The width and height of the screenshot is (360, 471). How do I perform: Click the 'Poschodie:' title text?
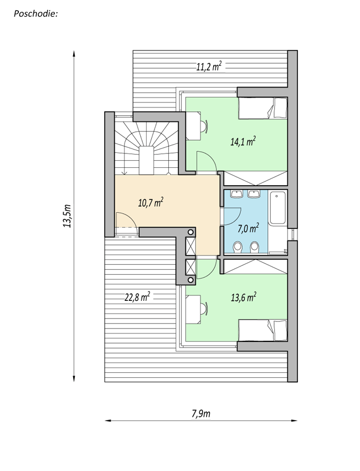pyautogui.click(x=36, y=13)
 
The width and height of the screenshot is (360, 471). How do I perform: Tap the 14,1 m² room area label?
pyautogui.click(x=243, y=141)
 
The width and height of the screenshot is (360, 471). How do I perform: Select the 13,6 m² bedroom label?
pyautogui.click(x=243, y=297)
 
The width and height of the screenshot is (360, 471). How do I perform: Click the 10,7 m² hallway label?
pyautogui.click(x=151, y=202)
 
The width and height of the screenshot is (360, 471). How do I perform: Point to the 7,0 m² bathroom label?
pyautogui.click(x=248, y=228)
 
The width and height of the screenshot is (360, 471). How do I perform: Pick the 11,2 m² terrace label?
pyautogui.click(x=209, y=66)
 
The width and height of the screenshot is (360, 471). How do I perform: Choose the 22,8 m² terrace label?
pyautogui.click(x=137, y=297)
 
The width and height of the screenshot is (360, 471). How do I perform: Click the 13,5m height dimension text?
pyautogui.click(x=67, y=216)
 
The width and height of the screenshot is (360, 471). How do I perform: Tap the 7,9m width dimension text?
pyautogui.click(x=201, y=413)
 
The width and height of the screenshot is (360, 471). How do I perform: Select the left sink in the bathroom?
pyautogui.click(x=236, y=194)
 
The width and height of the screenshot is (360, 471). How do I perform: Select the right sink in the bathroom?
pyautogui.click(x=254, y=194)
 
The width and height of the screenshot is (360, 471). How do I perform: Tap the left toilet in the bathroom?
pyautogui.click(x=238, y=247)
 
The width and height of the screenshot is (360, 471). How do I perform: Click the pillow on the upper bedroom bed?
pyautogui.click(x=280, y=108)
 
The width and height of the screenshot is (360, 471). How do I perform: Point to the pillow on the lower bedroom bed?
pyautogui.click(x=280, y=330)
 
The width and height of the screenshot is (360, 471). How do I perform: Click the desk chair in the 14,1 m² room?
pyautogui.click(x=204, y=126)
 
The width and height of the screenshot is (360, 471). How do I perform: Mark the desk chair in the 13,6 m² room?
pyautogui.click(x=204, y=309)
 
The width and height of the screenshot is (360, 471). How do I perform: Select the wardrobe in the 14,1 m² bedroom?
pyautogui.click(x=256, y=178)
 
